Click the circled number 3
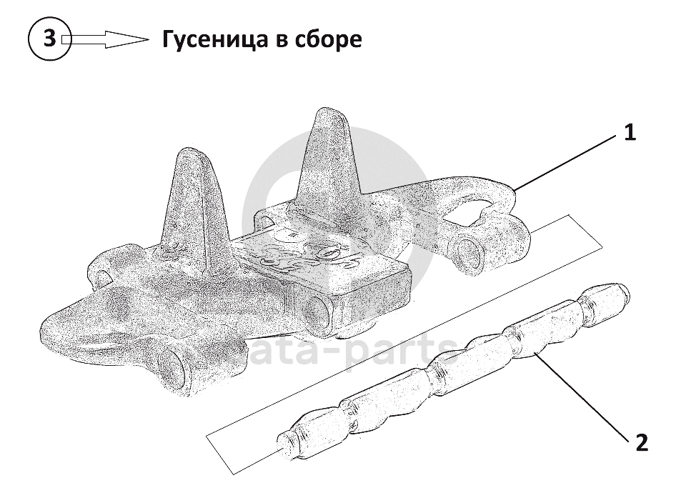point(49,39)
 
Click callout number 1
point(629,133)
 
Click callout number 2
point(641,444)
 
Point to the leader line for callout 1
point(565,161)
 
